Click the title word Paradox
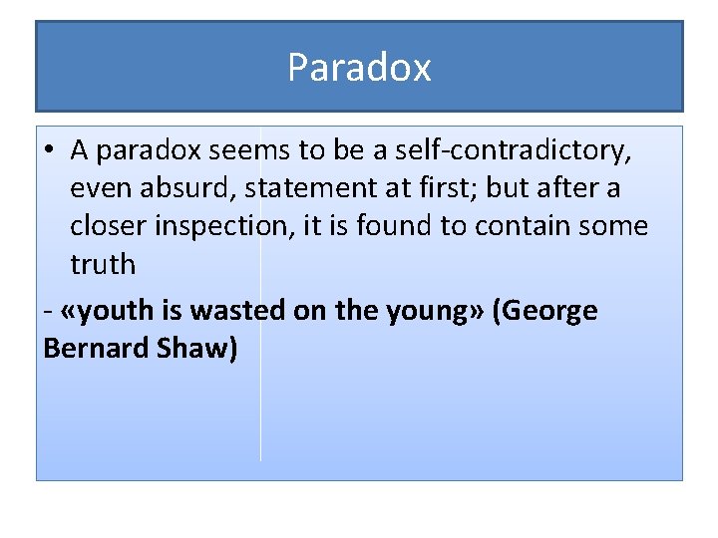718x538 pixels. (359, 68)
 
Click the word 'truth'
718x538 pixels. (102, 264)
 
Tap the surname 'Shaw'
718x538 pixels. (195, 350)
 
